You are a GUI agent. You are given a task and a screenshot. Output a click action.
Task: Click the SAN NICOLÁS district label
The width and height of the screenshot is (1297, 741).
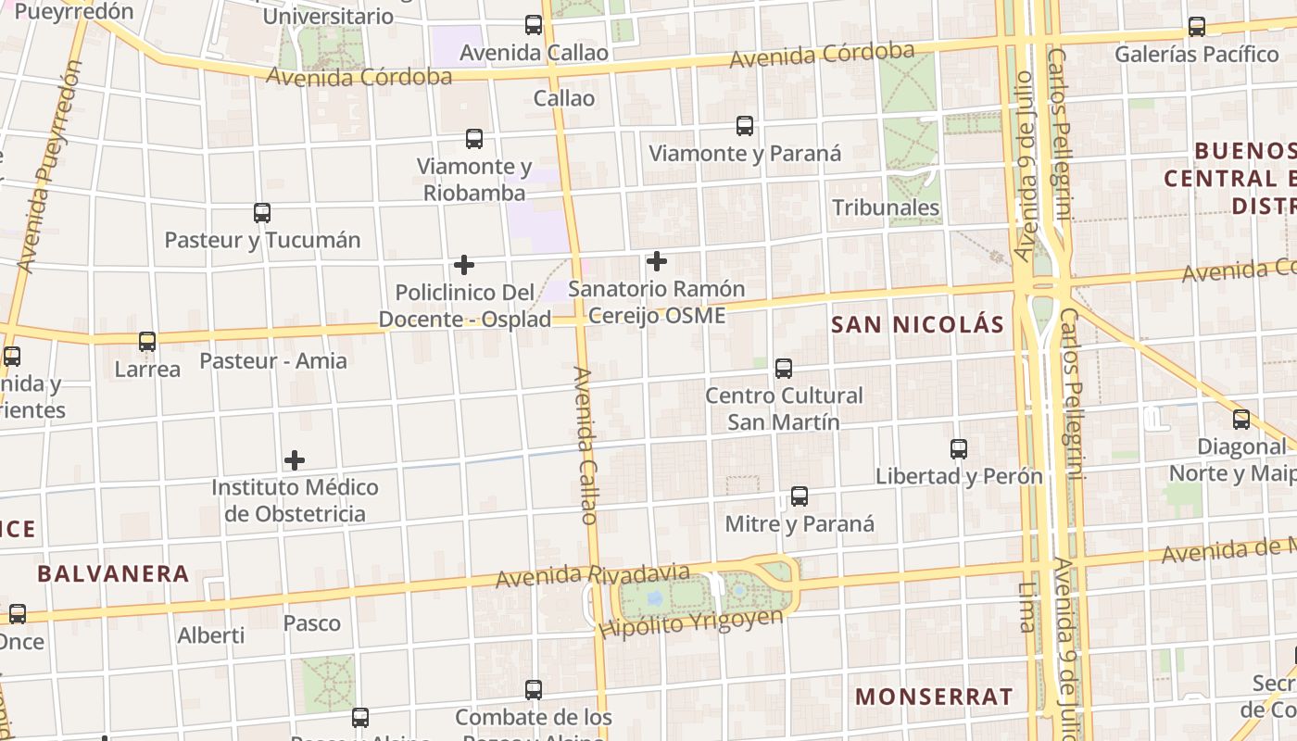917,324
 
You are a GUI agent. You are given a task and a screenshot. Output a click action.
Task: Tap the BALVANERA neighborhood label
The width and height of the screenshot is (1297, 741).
113,573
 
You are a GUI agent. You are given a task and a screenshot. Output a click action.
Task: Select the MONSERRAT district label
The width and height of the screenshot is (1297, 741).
934,697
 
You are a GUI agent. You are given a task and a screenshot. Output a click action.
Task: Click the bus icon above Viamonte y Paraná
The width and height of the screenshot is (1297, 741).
745,126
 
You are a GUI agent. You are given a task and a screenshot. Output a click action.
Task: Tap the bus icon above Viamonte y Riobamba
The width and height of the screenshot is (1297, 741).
474,139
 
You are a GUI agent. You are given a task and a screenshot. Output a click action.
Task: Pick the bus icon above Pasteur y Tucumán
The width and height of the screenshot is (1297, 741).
262,213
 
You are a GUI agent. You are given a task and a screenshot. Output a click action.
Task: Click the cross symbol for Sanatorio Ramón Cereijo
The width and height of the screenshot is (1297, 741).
657,261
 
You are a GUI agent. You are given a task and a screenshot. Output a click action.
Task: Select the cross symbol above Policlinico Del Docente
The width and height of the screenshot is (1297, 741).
464,265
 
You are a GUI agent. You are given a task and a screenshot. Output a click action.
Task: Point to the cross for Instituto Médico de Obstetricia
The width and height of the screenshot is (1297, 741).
295,460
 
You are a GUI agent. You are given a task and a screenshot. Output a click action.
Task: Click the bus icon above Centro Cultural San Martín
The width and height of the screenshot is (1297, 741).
784,369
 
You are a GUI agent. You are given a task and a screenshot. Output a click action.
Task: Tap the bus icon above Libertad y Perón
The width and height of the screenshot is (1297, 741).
959,449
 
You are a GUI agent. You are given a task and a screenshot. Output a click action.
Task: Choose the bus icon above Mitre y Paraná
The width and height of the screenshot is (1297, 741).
800,496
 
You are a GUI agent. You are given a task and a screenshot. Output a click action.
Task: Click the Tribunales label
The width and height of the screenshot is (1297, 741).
886,207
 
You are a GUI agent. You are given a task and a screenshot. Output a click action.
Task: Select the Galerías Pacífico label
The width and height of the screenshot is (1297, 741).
1196,54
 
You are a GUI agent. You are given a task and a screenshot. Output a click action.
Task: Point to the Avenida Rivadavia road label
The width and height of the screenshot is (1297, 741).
592,575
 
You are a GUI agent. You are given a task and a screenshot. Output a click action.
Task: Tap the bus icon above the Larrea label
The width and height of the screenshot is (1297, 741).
147,342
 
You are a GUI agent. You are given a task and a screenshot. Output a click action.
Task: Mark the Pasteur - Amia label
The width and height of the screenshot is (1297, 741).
273,360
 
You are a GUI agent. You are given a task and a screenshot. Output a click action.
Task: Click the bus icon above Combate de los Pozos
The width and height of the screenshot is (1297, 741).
534,690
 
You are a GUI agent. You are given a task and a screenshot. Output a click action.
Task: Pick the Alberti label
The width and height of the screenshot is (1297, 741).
211,635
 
